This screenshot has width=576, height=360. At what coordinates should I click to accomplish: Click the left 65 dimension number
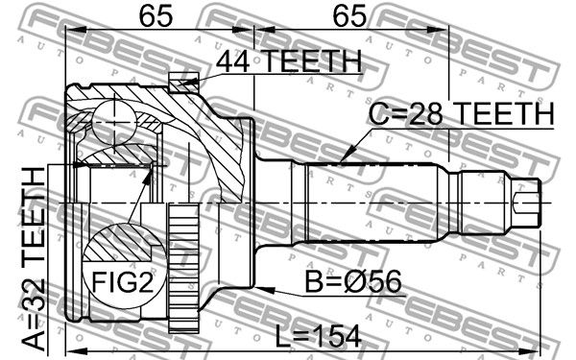click(x=156, y=15)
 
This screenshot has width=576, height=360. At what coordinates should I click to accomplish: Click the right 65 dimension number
click(x=349, y=15)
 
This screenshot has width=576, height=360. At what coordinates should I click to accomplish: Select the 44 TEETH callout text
click(x=289, y=61)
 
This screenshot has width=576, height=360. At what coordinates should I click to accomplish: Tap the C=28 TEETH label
click(x=461, y=113)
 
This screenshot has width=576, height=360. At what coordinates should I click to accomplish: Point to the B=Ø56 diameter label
click(x=353, y=281)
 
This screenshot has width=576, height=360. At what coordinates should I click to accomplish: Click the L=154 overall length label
click(x=318, y=337)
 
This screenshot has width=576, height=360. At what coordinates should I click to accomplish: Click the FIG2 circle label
click(x=122, y=282)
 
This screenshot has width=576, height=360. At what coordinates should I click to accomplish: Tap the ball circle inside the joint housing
click(x=113, y=120)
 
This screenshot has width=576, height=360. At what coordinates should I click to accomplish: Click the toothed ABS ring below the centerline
click(x=183, y=268)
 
